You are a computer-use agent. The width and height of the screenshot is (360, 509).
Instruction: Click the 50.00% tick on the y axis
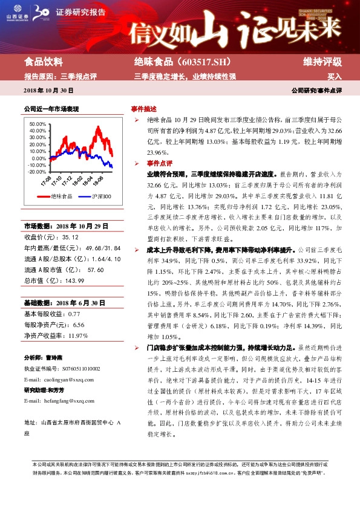37,123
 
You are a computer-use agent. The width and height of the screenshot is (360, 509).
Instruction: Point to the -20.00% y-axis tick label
36,171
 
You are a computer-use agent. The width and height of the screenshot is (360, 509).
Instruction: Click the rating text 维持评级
322,62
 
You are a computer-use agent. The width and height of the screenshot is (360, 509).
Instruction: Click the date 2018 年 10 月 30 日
48,90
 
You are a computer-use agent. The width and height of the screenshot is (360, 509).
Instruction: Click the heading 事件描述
143,109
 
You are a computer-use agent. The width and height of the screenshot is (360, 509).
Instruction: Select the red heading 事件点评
160,163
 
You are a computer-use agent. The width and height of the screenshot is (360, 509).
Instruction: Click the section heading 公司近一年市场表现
51,109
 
